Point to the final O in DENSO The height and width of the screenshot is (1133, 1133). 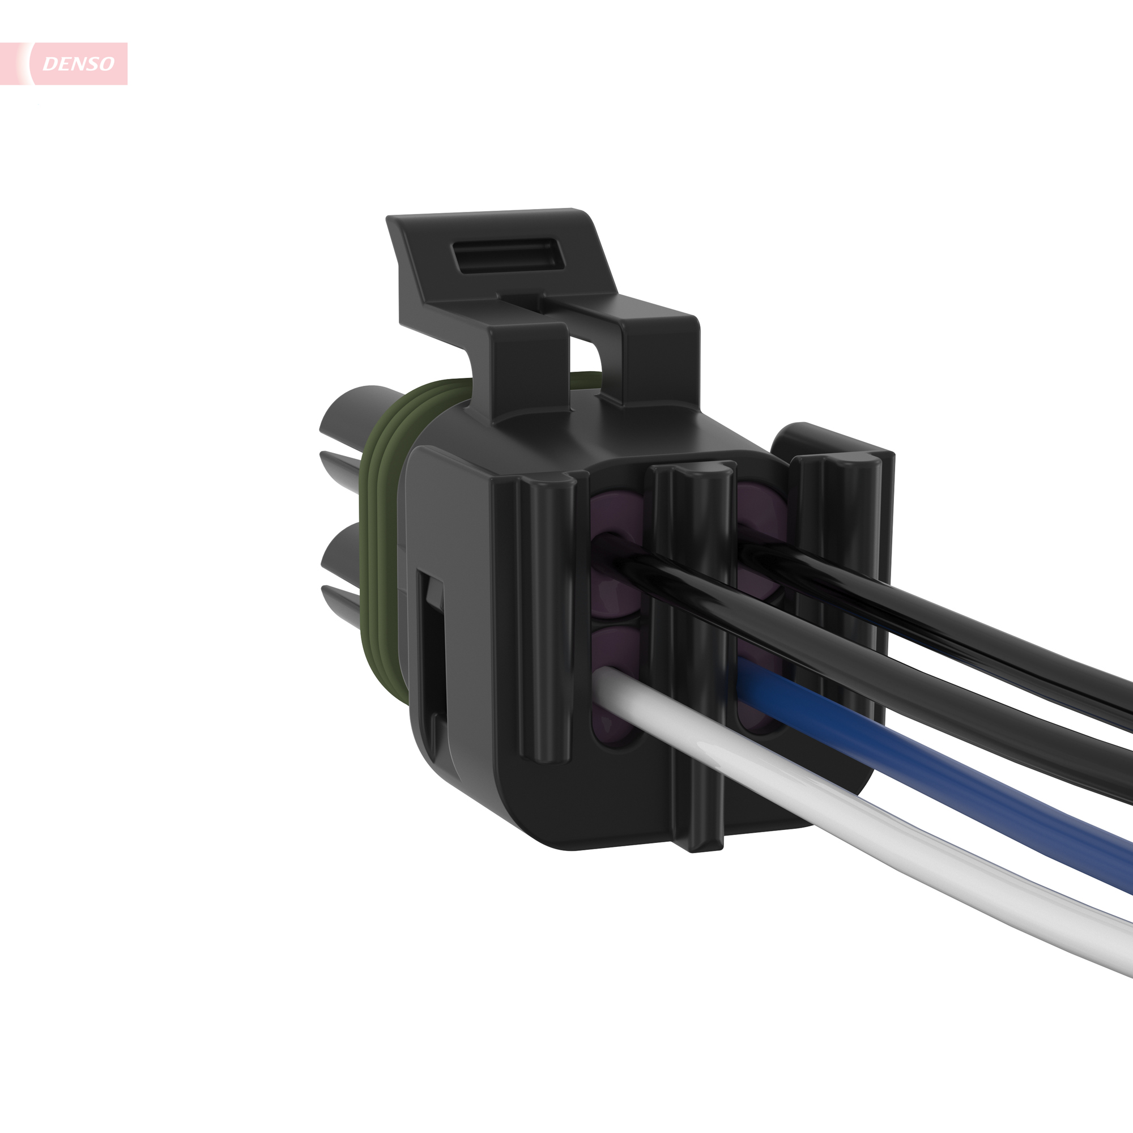[106, 63]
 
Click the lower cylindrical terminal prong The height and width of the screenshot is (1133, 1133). [346, 554]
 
